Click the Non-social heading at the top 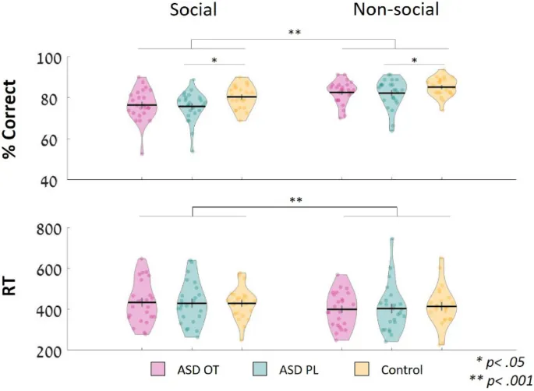396,10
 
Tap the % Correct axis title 12,118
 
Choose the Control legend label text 402,369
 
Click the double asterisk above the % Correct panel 294,33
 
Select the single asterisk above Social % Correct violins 214,60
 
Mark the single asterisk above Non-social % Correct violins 415,60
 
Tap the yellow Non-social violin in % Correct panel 442,87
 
